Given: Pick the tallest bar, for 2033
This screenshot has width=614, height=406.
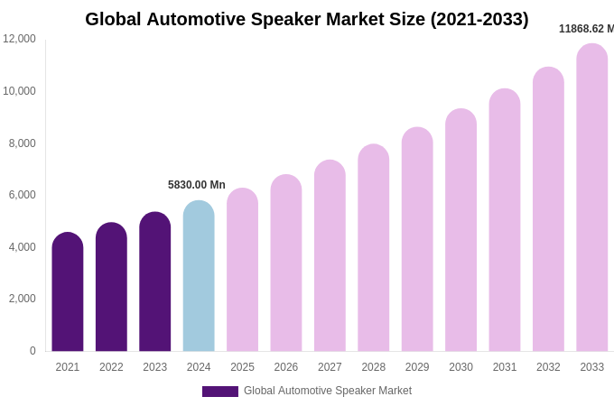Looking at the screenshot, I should click(592, 198).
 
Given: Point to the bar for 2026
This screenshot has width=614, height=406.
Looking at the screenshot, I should click(286, 263).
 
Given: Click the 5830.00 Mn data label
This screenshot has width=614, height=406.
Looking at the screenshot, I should click(197, 185).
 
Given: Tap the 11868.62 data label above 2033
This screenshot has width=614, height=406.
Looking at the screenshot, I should click(586, 29).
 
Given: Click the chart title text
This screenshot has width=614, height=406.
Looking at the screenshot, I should click(307, 19).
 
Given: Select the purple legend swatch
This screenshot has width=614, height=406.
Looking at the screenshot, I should click(220, 392).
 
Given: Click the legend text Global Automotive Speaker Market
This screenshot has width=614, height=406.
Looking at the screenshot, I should click(328, 391).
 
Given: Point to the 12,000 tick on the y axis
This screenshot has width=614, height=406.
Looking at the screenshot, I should click(19, 39).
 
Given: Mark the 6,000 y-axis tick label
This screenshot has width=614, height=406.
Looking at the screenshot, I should click(22, 195).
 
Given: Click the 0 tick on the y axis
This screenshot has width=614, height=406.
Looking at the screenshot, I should click(33, 351).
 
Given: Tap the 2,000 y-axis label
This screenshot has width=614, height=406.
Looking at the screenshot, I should click(22, 299).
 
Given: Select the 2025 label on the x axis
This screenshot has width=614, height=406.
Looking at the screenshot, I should click(242, 367).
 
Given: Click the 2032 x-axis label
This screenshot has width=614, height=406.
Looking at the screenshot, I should click(548, 367).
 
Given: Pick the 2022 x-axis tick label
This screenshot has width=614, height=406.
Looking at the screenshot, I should click(111, 367).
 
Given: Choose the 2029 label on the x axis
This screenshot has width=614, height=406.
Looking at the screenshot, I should click(417, 367).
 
